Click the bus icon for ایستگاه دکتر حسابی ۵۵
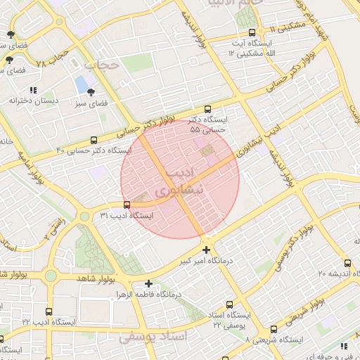(x=207, y=110)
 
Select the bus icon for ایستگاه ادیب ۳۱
(x=127, y=205)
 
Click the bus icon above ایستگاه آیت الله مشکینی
(x=252, y=32)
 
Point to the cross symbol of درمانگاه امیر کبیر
(x=206, y=250)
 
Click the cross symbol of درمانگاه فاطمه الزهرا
(x=148, y=283)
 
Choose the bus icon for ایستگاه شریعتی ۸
(x=274, y=328)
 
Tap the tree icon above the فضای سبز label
(x=91, y=91)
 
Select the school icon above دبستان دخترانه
(x=33, y=89)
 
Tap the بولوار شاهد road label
(x=90, y=279)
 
